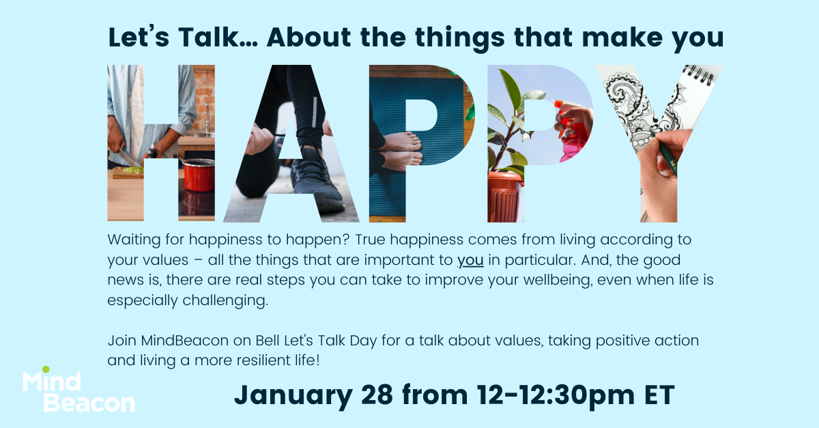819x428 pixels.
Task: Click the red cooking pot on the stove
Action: click(199, 175)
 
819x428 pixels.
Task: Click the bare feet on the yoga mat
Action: click(401, 151)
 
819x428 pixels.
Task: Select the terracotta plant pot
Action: click(504, 197)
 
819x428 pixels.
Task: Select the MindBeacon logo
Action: click(78, 389)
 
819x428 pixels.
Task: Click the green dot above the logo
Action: click(46, 369)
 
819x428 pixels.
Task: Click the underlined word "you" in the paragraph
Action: click(470, 261)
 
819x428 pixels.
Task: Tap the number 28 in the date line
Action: click(377, 395)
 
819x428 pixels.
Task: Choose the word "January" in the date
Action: click(293, 396)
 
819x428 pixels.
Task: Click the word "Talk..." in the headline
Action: click(218, 37)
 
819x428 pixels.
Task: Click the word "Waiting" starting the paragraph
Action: click(134, 240)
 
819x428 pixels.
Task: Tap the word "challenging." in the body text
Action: click(225, 301)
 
